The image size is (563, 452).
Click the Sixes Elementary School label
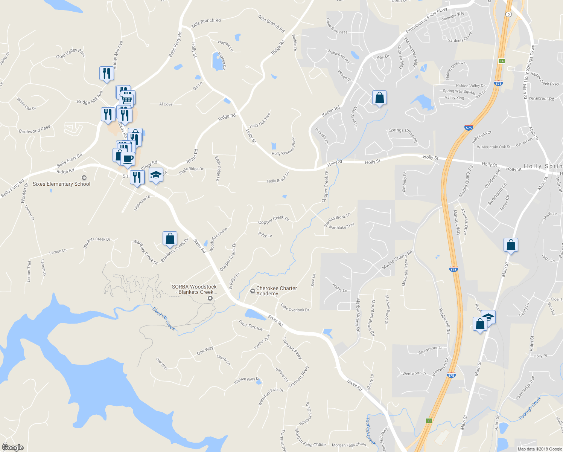[61, 184]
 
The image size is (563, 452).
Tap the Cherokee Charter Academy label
[276, 291]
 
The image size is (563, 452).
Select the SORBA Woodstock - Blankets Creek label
[194, 289]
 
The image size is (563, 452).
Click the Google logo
[12, 447]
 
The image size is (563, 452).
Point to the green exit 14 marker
[501, 61]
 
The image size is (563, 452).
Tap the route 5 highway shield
[508, 14]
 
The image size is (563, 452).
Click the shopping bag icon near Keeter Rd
[379, 98]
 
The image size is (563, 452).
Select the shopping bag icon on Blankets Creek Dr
[170, 238]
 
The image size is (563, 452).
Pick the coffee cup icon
[128, 159]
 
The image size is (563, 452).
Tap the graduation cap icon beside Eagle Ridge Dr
[156, 175]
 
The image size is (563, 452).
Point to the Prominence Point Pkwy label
[426, 20]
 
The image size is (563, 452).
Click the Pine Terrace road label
[251, 325]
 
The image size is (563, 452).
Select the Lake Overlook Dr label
[295, 309]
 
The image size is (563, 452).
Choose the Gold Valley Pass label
[71, 53]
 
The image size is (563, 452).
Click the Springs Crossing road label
[403, 134]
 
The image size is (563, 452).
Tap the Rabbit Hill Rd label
[444, 321]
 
